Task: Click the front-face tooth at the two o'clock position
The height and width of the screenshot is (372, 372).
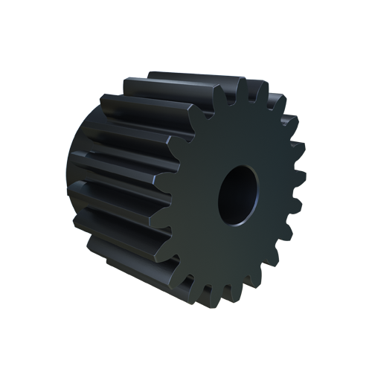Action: click(x=287, y=124)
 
